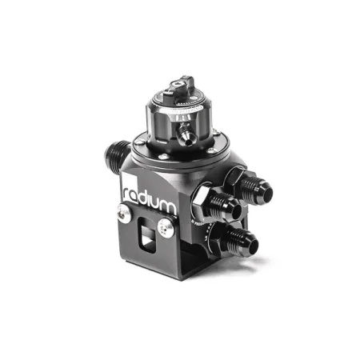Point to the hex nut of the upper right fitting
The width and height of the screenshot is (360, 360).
pyautogui.click(x=234, y=179)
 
